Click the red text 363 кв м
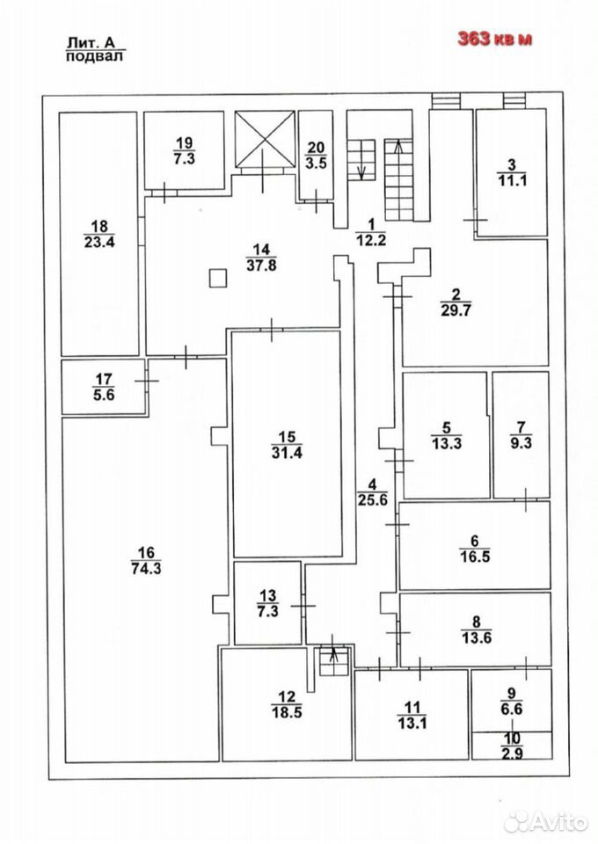tap(494, 39)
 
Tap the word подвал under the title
tap(94, 57)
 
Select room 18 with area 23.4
tap(99, 234)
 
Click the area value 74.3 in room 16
tap(146, 568)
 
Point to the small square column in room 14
tap(217, 279)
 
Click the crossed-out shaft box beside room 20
tap(266, 139)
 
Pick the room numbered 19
tap(184, 150)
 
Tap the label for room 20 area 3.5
tap(316, 155)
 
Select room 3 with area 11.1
tap(512, 173)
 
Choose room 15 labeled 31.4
tap(287, 445)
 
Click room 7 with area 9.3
tap(521, 435)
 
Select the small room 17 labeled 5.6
tap(104, 387)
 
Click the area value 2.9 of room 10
tap(512, 753)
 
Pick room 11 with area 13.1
tap(412, 715)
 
